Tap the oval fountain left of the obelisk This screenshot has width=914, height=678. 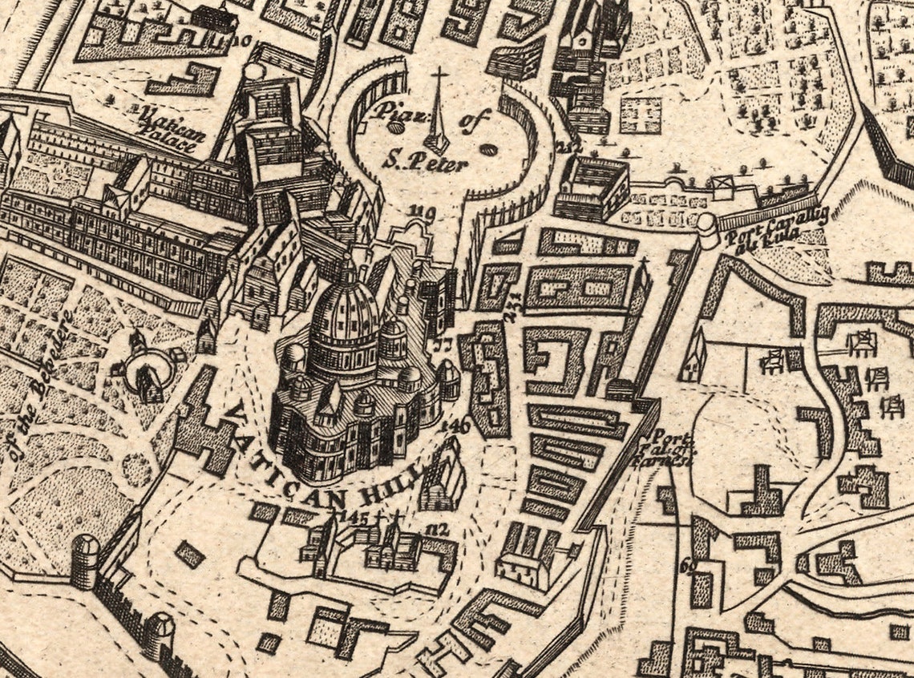click(x=396, y=127)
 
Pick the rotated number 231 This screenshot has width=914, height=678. click(x=511, y=307)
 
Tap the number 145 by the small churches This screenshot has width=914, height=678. click(x=353, y=517)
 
